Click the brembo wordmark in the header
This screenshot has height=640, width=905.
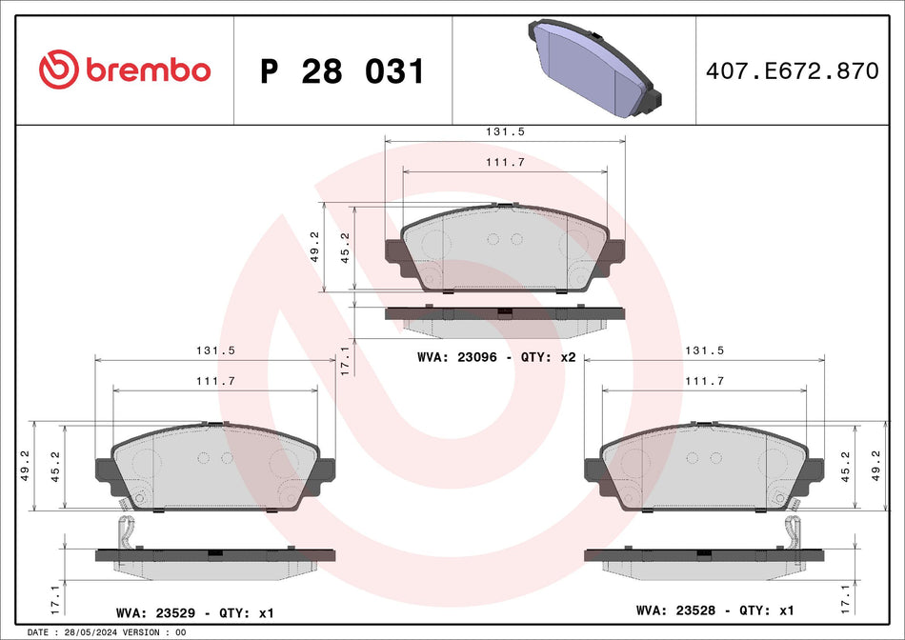point(148,70)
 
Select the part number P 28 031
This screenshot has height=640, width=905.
point(342,71)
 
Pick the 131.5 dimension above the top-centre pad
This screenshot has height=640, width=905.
point(505,132)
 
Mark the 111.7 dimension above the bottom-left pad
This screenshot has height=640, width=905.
point(215,380)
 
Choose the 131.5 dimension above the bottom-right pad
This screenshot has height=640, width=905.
point(705,350)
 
